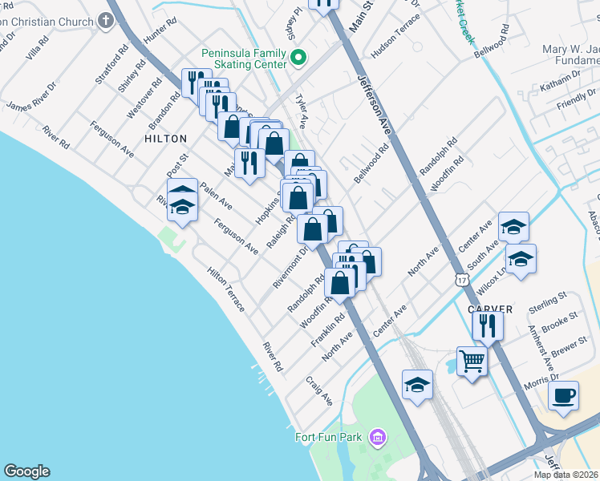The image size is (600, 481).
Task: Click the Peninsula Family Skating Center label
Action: tap(245, 58)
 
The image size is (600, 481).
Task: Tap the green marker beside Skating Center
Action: tap(298, 57)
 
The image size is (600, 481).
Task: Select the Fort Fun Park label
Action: tap(330, 438)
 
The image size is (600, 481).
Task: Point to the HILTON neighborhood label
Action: tap(166, 139)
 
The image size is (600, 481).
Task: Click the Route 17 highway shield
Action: tap(460, 279)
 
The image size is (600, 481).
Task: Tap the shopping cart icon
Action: tap(472, 362)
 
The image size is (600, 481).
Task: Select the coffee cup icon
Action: tap(563, 395)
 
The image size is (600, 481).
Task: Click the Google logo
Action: tap(26, 471)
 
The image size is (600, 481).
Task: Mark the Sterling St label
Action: tap(548, 303)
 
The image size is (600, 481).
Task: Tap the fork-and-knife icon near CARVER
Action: tap(488, 325)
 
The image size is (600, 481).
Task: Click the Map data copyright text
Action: tap(566, 475)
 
